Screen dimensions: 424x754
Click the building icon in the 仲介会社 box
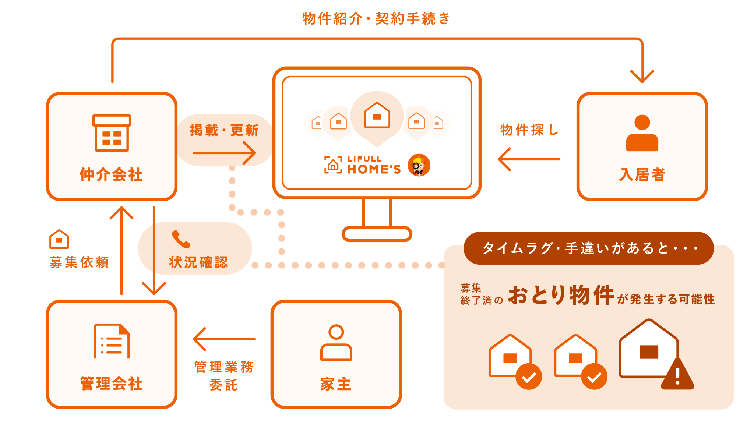(x=112, y=133)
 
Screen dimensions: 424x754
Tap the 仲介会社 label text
(x=111, y=175)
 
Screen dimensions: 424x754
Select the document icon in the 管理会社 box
(x=112, y=341)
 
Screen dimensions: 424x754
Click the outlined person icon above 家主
(x=336, y=343)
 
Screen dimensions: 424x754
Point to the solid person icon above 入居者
(x=642, y=133)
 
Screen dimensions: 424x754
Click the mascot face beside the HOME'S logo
(x=419, y=165)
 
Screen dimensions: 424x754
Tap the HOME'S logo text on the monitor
(x=374, y=169)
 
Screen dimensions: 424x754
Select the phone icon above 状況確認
(x=181, y=239)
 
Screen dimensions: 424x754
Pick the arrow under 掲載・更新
(x=224, y=153)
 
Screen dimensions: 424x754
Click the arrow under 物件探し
(x=529, y=159)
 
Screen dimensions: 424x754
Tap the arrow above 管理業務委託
(x=224, y=339)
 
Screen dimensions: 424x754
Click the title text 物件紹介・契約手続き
(x=376, y=18)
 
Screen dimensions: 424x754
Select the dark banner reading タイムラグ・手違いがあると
(x=588, y=248)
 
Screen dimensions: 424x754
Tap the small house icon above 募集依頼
(x=59, y=239)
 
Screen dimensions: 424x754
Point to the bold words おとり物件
(x=561, y=296)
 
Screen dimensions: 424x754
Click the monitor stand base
(x=377, y=234)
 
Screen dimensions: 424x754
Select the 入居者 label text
(x=642, y=175)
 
